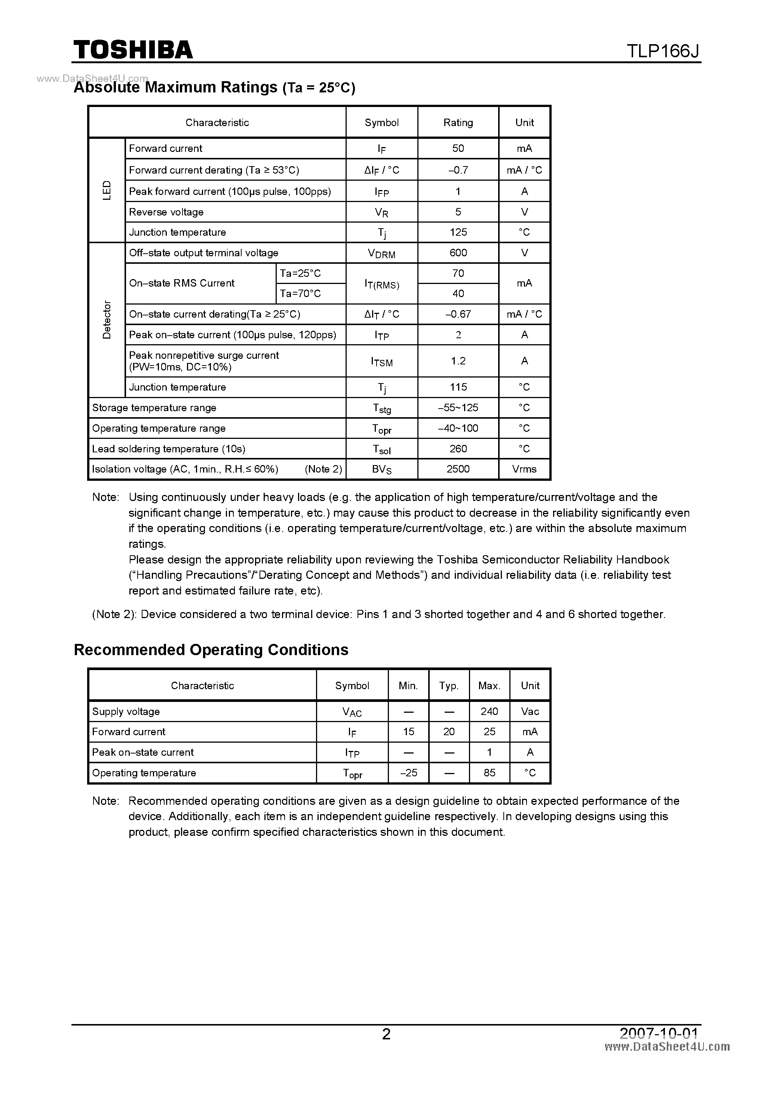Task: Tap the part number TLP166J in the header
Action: click(663, 51)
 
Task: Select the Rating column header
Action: click(458, 122)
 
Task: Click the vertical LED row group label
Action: click(107, 190)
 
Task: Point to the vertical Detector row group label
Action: click(107, 320)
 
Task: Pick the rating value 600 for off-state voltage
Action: click(458, 253)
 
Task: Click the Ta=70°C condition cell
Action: click(301, 293)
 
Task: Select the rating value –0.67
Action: click(458, 314)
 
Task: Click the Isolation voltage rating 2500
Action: click(458, 469)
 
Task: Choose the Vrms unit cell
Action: click(524, 469)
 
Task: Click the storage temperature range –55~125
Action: click(458, 408)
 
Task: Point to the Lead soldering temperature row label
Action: click(169, 449)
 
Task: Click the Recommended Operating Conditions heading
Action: click(211, 650)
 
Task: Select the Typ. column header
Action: click(449, 686)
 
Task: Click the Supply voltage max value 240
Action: click(489, 711)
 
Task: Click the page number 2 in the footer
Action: click(386, 1034)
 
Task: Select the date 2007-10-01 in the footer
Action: click(659, 1033)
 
